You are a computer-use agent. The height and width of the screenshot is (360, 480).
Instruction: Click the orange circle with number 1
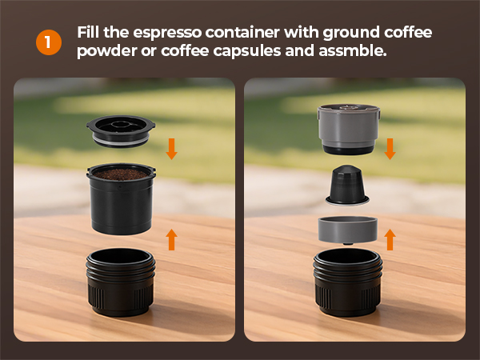49,42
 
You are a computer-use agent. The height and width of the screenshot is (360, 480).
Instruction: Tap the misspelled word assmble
352,50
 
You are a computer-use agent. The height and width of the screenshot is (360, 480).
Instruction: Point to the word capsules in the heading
246,51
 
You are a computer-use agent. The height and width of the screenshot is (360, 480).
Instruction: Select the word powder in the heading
107,51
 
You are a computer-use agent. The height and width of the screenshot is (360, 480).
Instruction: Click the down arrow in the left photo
171,149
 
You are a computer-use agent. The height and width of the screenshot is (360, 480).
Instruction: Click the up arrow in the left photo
171,239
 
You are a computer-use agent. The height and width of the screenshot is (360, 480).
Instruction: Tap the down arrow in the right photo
390,149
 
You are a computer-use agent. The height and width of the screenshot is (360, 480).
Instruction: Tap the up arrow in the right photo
390,239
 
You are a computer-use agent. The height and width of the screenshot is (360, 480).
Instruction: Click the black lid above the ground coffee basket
121,131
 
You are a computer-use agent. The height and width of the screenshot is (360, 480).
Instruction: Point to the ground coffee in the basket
121,174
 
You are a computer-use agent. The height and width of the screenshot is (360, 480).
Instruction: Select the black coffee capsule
347,186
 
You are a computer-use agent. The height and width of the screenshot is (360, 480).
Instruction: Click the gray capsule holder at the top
348,129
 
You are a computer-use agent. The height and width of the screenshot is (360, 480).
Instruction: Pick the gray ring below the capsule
348,230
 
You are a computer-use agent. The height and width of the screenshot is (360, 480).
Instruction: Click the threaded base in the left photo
121,282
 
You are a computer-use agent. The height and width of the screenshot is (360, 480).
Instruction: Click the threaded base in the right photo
348,282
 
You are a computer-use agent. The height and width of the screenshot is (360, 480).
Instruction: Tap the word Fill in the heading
88,33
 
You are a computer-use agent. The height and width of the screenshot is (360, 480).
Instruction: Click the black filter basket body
121,205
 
